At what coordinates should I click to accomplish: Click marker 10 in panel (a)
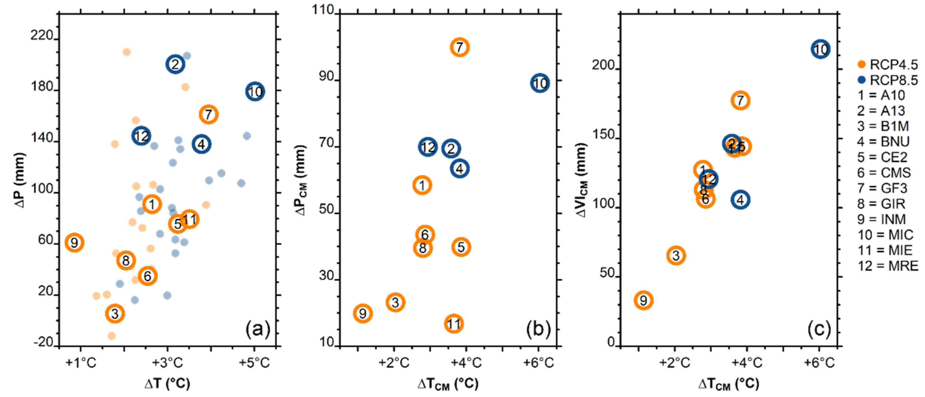(255, 91)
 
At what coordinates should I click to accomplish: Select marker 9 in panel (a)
(74, 243)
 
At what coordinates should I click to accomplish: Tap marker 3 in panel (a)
(115, 314)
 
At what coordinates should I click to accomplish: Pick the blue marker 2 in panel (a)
(175, 64)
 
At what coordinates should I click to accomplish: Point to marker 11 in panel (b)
(454, 324)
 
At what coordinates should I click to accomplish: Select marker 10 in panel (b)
(540, 83)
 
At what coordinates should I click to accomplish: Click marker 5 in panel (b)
(461, 247)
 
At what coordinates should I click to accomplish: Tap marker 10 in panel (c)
(820, 49)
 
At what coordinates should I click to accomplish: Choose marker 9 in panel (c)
(643, 300)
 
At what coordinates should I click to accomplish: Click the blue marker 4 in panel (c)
(740, 200)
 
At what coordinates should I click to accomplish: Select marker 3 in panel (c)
(676, 255)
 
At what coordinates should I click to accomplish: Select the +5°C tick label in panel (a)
(254, 363)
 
